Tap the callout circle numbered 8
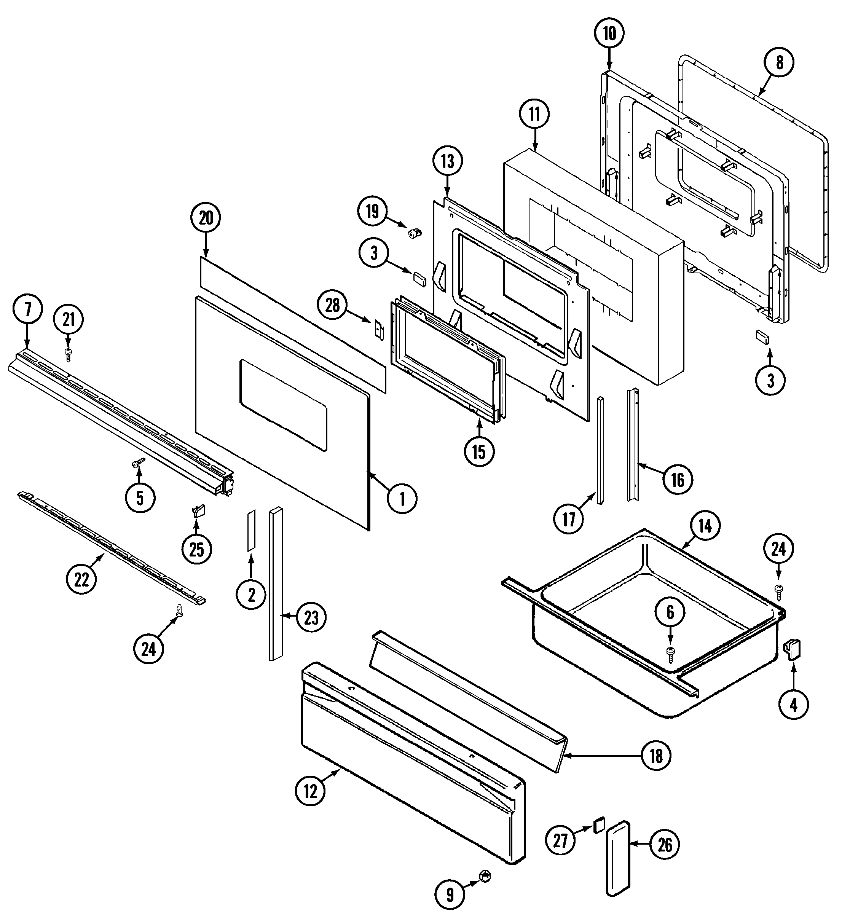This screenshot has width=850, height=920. click(x=779, y=62)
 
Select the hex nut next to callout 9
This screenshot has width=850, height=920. click(x=483, y=877)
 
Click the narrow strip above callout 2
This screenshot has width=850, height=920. click(x=251, y=530)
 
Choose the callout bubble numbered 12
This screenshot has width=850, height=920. click(x=311, y=791)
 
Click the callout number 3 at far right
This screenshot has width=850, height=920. click(x=770, y=380)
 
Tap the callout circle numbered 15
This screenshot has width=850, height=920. click(x=479, y=452)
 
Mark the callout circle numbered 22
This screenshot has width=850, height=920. click(x=81, y=580)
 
